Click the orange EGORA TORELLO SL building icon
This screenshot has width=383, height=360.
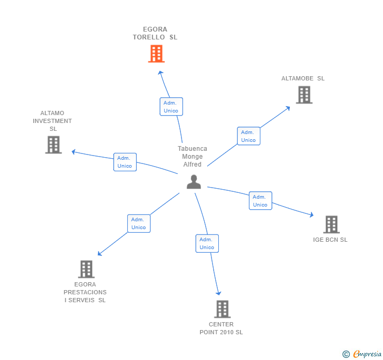tap(156, 54)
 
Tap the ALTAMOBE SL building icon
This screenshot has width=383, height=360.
tap(304, 95)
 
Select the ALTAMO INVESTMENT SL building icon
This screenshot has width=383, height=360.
tap(53, 145)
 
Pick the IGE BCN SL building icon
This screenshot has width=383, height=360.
tap(331, 224)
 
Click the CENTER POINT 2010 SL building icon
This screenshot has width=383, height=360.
tap(222, 309)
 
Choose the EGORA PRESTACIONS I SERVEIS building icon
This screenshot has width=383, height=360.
tap(86, 269)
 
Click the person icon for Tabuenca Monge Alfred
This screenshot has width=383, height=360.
tap(194, 182)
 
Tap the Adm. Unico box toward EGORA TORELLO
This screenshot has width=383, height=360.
tap(171, 107)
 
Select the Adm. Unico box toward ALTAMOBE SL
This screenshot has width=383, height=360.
tap(248, 136)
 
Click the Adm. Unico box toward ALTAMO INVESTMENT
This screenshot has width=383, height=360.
tap(125, 162)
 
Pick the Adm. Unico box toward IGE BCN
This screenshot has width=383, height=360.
tap(260, 201)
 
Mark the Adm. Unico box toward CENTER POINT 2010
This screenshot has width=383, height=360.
tap(207, 243)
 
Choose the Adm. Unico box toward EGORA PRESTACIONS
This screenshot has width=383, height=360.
tap(139, 223)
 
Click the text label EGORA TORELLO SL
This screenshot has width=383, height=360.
tap(155, 34)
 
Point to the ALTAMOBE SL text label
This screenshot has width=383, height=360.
tap(303, 78)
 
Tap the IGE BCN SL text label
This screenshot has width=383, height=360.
tap(330, 240)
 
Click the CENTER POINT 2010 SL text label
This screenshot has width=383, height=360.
tap(221, 328)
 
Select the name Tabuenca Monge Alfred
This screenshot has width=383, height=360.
tap(192, 157)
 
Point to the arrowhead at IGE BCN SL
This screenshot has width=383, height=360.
tap(311, 214)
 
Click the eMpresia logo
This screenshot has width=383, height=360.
tap(361, 354)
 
